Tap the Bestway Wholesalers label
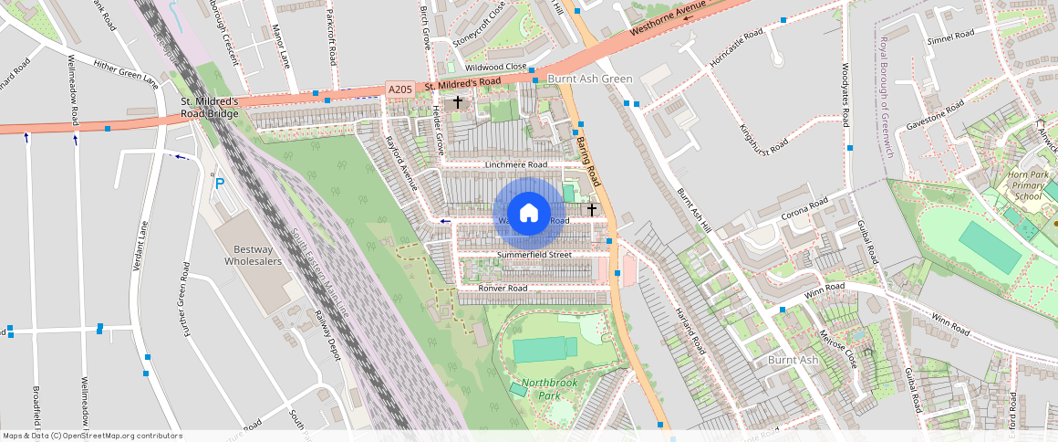click(254, 255)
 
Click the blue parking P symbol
click(219, 184)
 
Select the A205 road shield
click(399, 89)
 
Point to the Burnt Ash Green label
click(589, 79)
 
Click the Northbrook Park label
click(550, 389)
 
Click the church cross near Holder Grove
click(457, 102)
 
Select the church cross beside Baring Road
click(592, 209)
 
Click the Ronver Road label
click(503, 289)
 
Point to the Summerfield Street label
click(534, 254)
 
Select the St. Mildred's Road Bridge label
click(210, 107)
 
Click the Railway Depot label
click(327, 335)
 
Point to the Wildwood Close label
click(496, 68)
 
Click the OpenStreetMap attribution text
click(93, 436)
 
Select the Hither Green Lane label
click(125, 71)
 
